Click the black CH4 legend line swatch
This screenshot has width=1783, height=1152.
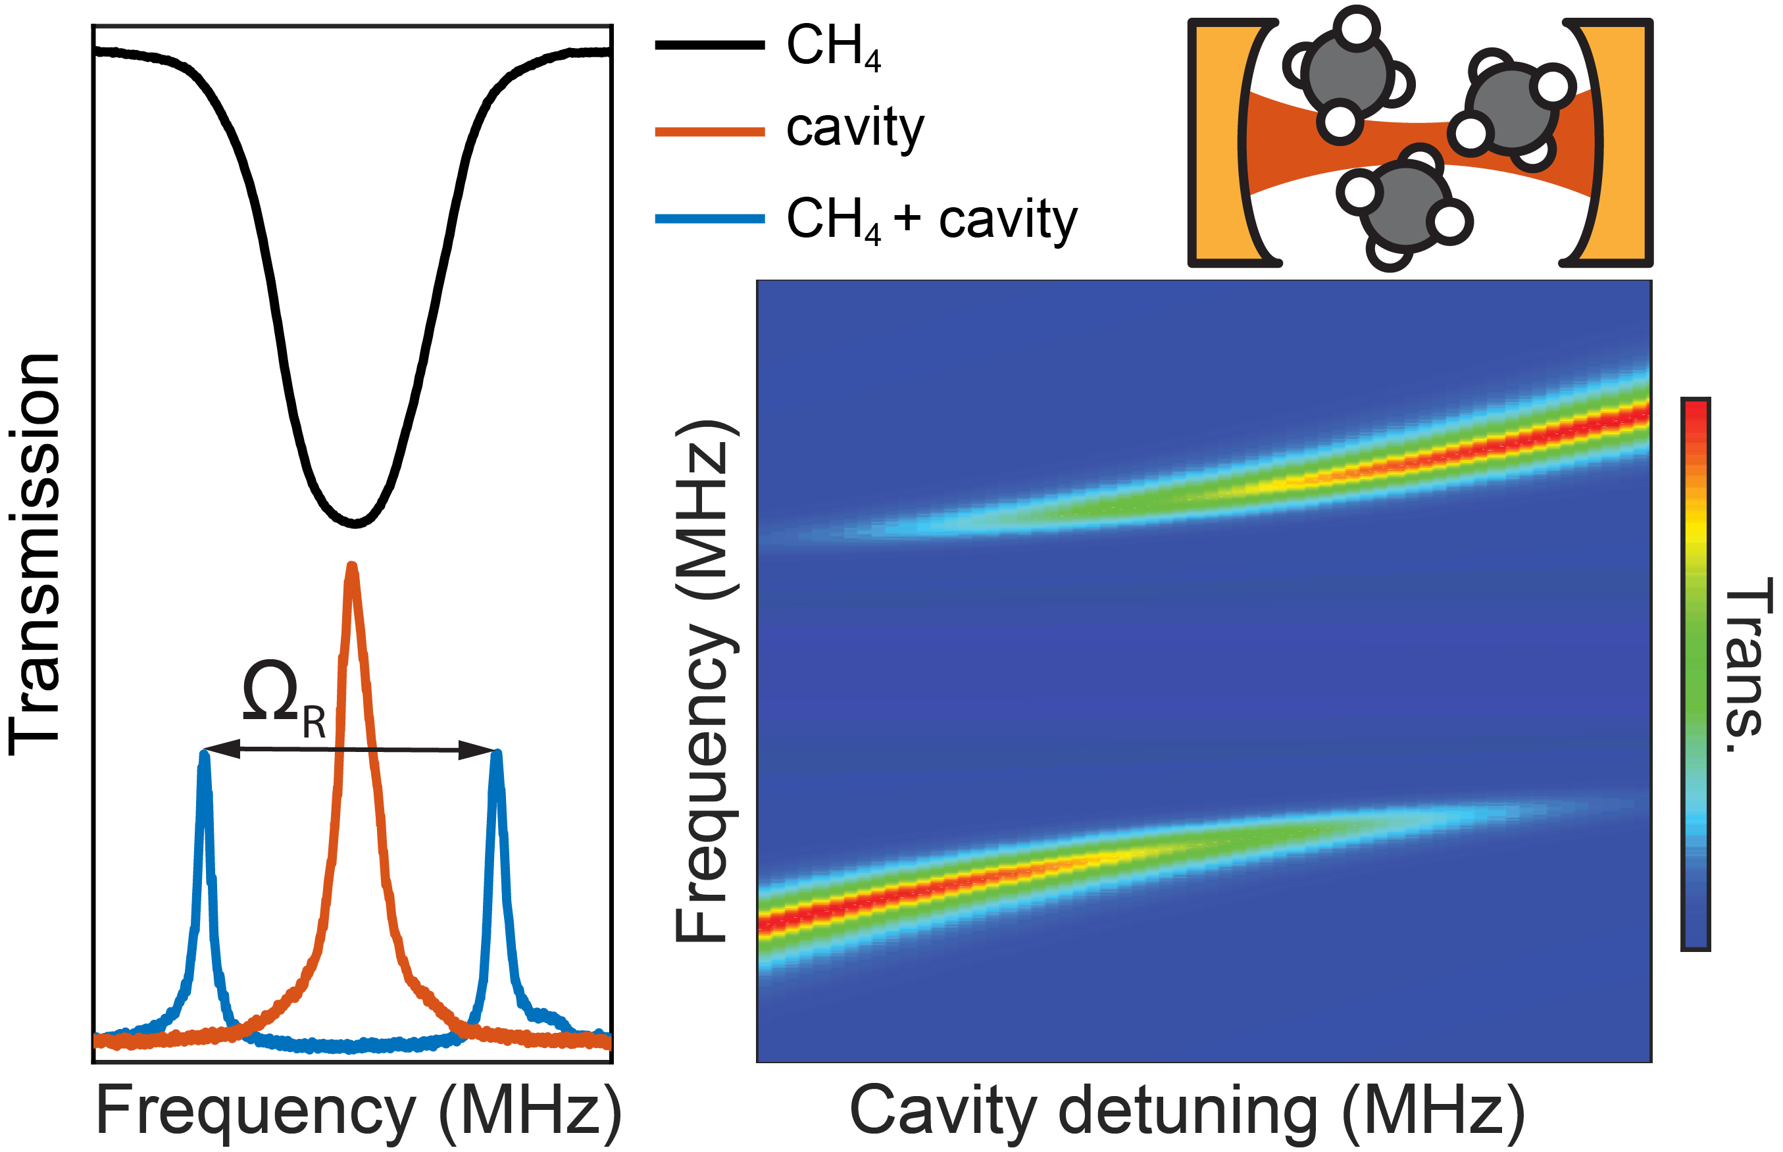(709, 45)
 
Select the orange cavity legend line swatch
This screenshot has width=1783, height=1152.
(709, 132)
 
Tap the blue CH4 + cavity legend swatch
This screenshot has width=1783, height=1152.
(709, 218)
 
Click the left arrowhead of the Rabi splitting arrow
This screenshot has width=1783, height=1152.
(220, 748)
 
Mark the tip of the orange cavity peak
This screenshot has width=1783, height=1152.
(351, 567)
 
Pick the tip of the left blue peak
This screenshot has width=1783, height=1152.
(204, 754)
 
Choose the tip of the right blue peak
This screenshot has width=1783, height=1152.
(497, 754)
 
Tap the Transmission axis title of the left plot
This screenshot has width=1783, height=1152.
(34, 553)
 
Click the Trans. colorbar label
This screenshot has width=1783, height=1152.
(1747, 666)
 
